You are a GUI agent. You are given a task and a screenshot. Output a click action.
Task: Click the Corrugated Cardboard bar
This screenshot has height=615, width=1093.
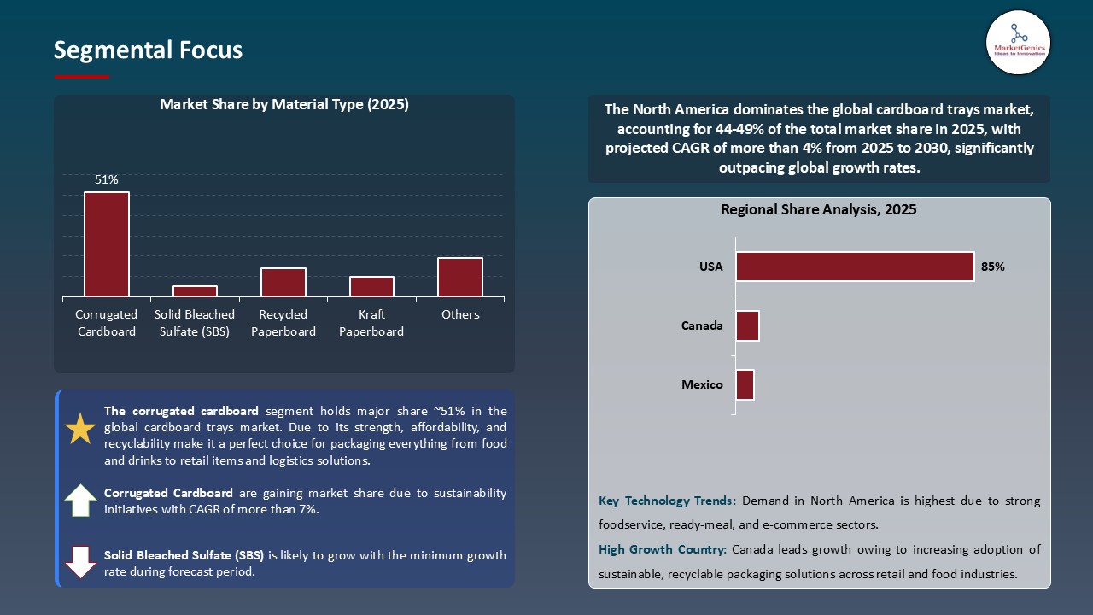tap(107, 244)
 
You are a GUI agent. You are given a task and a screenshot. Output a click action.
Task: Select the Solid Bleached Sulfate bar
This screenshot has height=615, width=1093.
tap(195, 291)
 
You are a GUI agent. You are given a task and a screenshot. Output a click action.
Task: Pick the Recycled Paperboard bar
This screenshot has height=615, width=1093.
tap(283, 283)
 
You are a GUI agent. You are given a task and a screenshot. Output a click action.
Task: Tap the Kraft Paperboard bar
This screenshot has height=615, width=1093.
tap(371, 287)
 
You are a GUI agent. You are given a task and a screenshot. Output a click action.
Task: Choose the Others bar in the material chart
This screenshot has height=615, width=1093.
tap(460, 278)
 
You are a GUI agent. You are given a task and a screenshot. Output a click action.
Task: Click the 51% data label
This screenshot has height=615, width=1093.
tap(107, 179)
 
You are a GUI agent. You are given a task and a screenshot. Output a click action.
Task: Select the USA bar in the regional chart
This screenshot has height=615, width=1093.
tap(855, 266)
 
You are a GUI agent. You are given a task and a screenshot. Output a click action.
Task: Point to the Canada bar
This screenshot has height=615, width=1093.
tap(747, 326)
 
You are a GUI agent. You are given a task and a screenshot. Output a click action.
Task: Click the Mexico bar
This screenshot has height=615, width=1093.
tap(745, 384)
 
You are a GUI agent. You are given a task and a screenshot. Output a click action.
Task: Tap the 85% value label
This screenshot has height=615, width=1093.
tap(993, 266)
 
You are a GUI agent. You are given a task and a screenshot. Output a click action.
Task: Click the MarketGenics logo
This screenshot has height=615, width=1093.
tap(1018, 43)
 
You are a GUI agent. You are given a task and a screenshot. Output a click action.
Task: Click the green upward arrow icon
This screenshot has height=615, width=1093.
tap(80, 501)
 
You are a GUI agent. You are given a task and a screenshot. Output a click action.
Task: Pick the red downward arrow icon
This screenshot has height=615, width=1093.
tap(80, 562)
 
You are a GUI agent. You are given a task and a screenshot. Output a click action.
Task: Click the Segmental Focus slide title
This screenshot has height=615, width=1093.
tap(148, 50)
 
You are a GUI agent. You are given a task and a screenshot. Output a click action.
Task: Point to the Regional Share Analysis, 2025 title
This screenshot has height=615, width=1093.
tap(818, 210)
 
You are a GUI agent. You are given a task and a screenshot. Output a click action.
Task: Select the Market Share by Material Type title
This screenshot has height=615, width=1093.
tap(284, 105)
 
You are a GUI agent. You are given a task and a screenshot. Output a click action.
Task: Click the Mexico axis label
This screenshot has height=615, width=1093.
tap(702, 384)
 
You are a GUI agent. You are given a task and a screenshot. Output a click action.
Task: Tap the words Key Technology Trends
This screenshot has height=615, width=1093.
tap(668, 501)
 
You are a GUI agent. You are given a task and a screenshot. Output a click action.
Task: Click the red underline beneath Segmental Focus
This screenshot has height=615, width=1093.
tap(82, 77)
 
